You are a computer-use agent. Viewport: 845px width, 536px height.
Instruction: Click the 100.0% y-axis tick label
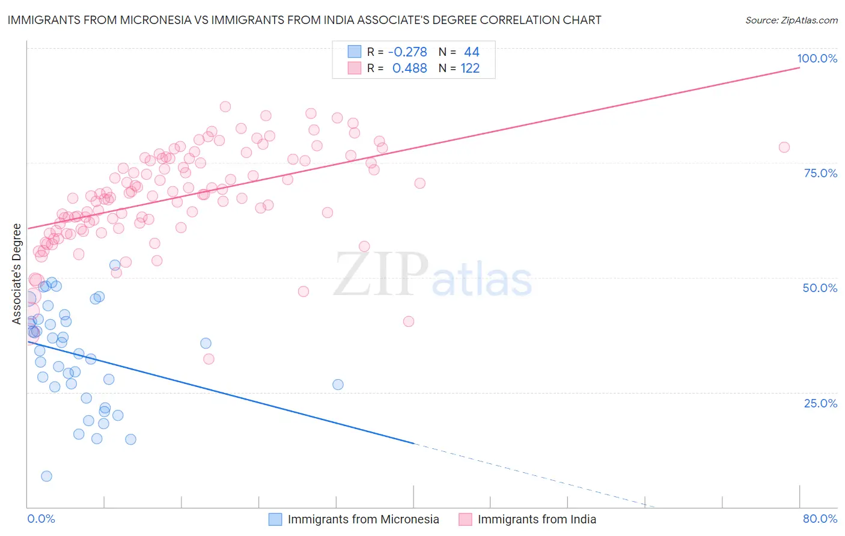(817, 58)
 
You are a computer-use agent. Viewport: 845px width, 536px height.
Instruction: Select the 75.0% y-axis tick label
(820, 173)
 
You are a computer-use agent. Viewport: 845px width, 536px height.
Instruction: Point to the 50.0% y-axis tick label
(820, 288)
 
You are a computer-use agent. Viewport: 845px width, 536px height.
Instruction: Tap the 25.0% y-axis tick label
(820, 403)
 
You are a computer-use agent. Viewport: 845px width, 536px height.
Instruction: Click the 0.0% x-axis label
(41, 519)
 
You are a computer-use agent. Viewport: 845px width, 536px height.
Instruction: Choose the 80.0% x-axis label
(820, 519)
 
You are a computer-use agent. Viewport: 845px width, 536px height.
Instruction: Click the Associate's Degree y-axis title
(17, 273)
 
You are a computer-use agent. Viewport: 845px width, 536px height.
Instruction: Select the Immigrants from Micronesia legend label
(363, 519)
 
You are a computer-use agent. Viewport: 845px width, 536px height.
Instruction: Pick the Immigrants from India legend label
(537, 519)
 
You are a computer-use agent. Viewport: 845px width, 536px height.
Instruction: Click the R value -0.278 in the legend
(407, 52)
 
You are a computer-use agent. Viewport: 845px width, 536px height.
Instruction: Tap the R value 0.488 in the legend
(409, 68)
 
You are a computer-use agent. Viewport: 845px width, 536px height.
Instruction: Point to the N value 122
(470, 68)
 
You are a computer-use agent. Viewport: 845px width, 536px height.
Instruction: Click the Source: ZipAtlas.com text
(791, 20)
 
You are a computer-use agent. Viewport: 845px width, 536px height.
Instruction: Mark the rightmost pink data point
(784, 147)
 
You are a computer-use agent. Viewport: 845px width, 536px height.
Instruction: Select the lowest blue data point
(46, 476)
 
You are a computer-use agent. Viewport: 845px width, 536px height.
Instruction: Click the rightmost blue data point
(338, 385)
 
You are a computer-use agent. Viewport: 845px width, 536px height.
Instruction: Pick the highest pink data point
(225, 106)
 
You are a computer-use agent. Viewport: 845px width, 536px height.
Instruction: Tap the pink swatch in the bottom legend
(465, 519)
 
